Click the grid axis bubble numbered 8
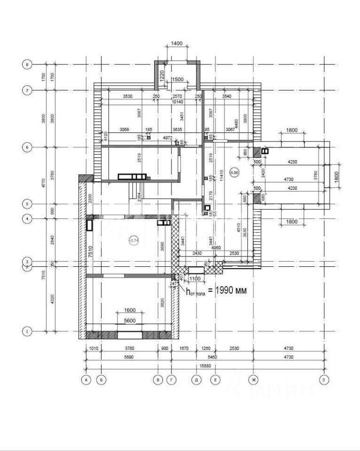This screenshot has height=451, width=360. pyautogui.click(x=27, y=64)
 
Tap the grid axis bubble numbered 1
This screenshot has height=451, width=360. pyautogui.click(x=27, y=331)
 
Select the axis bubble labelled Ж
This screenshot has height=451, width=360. pyautogui.click(x=254, y=379)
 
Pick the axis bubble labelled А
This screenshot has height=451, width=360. pyautogui.click(x=86, y=379)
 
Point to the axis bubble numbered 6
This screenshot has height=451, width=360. pyautogui.click(x=27, y=147)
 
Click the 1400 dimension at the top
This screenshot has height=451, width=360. pyautogui.click(x=177, y=43)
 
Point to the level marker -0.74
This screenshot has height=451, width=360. pyautogui.click(x=134, y=240)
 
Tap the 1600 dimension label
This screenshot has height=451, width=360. pyautogui.click(x=130, y=310)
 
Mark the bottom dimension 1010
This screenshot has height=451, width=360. pyautogui.click(x=93, y=349)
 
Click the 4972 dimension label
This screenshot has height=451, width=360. pyautogui.click(x=167, y=138)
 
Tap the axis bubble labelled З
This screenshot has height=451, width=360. pyautogui.click(x=323, y=379)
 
